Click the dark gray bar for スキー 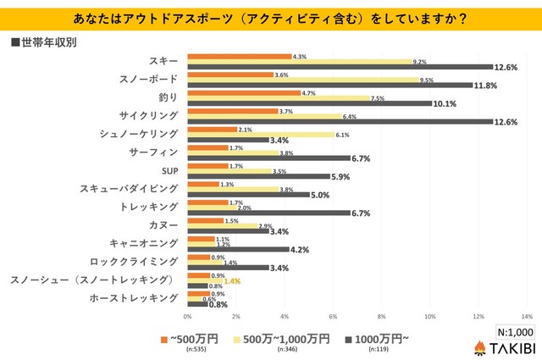(339, 66)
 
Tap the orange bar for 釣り (243, 92)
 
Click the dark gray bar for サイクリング (339, 121)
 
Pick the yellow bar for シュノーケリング (260, 135)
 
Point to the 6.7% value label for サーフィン (362, 158)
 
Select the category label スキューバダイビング (128, 189)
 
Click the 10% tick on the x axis (429, 315)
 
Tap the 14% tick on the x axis (526, 315)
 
